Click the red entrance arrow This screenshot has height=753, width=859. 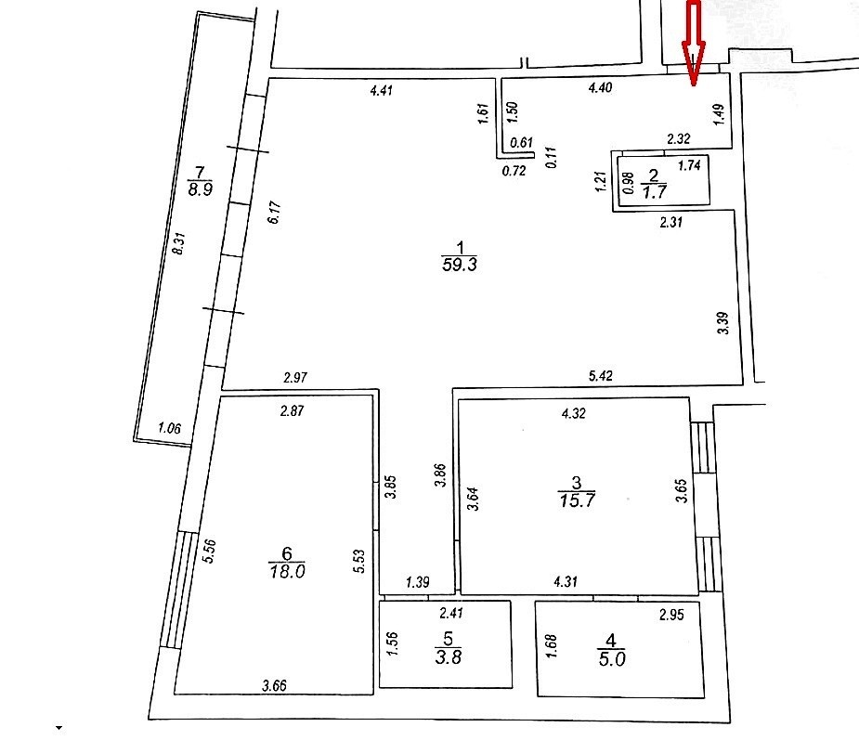pyautogui.click(x=694, y=43)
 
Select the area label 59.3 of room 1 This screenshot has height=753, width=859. pyautogui.click(x=459, y=265)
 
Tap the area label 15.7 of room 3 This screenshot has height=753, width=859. pyautogui.click(x=577, y=500)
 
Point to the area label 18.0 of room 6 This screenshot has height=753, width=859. pyautogui.click(x=287, y=572)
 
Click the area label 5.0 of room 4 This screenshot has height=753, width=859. pyautogui.click(x=612, y=659)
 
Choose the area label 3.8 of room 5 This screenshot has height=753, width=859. pyautogui.click(x=449, y=656)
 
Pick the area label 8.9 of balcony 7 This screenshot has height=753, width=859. pyautogui.click(x=200, y=189)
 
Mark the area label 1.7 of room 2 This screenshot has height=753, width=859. pyautogui.click(x=654, y=191)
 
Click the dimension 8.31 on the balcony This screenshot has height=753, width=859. pyautogui.click(x=179, y=243)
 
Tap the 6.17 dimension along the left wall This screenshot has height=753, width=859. pyautogui.click(x=275, y=212)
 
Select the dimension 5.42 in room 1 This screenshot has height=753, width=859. pyautogui.click(x=601, y=376)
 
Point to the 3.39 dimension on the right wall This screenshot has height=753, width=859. pyautogui.click(x=723, y=323)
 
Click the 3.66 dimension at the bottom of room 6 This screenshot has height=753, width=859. pyautogui.click(x=274, y=685)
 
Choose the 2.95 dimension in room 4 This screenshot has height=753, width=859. pyautogui.click(x=671, y=615)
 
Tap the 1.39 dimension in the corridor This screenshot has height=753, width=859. pyautogui.click(x=418, y=581)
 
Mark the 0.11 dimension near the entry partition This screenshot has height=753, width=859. pyautogui.click(x=551, y=157)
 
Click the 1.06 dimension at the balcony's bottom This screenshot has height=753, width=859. pyautogui.click(x=169, y=428)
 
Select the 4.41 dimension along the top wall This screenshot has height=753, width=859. pyautogui.click(x=382, y=90)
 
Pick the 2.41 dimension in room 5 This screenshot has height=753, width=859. pyautogui.click(x=451, y=613)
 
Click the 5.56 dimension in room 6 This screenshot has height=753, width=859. pyautogui.click(x=209, y=551)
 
